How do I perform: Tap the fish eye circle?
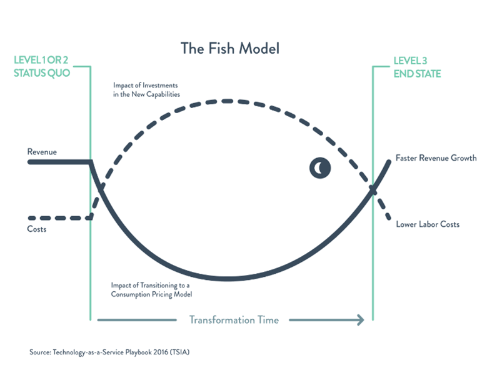(320, 167)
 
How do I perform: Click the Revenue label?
(43, 152)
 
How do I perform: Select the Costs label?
(37, 229)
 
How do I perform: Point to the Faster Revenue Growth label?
(436, 158)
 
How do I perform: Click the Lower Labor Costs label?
(428, 224)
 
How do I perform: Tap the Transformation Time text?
(234, 319)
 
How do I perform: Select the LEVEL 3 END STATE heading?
(416, 67)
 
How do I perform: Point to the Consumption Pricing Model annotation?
(150, 289)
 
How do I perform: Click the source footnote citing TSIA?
(109, 352)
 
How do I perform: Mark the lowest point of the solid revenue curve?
(228, 278)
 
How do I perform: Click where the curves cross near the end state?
(373, 189)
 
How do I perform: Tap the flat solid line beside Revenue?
(59, 162)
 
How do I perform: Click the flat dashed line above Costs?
(59, 218)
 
